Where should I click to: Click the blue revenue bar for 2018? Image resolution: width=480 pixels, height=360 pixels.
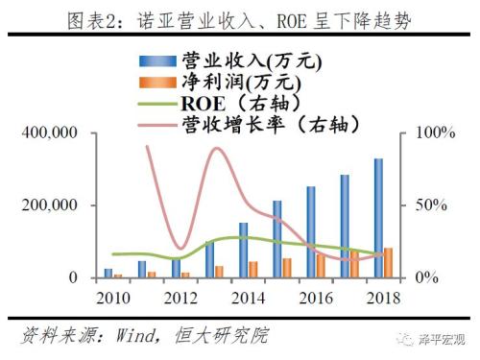[x=378, y=218]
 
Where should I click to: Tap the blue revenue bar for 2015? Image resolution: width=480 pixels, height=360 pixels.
[x=277, y=239]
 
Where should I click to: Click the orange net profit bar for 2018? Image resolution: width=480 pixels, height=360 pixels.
[x=388, y=263]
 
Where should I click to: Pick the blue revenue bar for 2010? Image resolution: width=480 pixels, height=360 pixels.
[x=108, y=273]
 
